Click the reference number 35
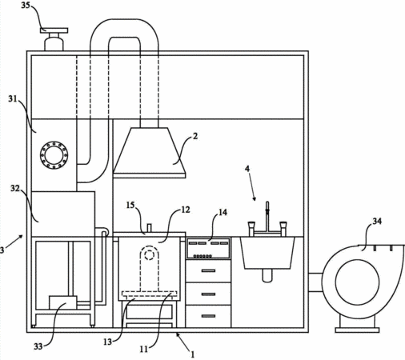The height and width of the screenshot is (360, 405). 26,5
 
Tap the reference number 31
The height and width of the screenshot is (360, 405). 13,99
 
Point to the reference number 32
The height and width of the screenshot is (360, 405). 15,189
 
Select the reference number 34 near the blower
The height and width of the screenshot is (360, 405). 377,221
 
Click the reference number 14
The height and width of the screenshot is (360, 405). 223,212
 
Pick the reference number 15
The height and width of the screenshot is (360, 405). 130,205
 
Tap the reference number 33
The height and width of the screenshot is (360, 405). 38,346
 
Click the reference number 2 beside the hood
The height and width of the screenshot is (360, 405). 195,136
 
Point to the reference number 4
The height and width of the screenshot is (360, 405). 247,169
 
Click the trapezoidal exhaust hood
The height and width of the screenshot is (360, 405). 150,153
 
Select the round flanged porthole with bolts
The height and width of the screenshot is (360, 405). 54,155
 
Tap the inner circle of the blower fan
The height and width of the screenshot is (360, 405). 357,282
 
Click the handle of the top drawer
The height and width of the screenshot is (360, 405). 208,271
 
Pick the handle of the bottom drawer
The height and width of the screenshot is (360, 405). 208,316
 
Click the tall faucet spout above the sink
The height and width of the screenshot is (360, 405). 267,216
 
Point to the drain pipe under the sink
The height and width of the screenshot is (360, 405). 267,275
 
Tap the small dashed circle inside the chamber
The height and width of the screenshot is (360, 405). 149,255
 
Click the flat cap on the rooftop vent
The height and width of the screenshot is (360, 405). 54,30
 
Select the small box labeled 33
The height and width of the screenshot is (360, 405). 63,302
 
